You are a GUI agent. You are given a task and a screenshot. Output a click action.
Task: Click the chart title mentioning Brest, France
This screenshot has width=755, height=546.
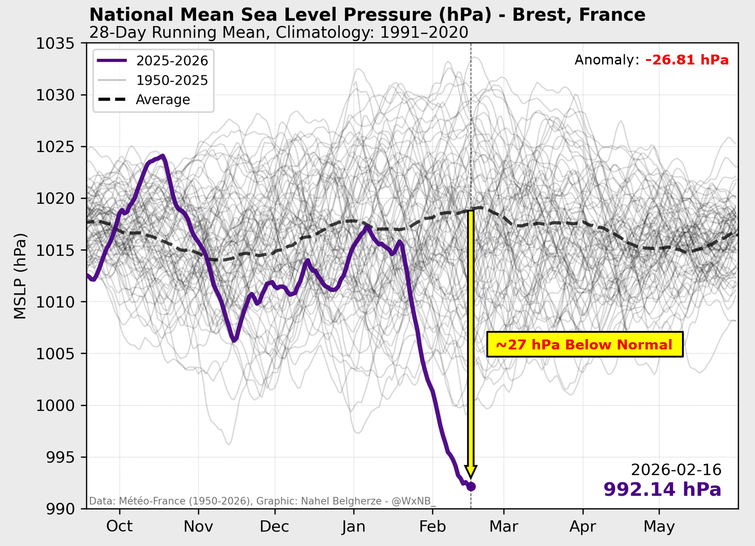tap(367, 15)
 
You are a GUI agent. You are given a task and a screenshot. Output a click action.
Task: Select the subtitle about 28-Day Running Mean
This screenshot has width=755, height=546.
tap(279, 32)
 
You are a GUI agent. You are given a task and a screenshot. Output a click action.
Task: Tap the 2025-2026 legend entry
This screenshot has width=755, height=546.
tap(172, 61)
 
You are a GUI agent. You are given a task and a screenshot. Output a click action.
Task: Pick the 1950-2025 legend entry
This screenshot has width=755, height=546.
tap(172, 80)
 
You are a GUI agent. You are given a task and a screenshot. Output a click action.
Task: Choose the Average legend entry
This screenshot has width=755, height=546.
tap(163, 100)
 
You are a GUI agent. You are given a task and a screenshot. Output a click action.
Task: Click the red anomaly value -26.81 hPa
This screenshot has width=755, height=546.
tap(687, 60)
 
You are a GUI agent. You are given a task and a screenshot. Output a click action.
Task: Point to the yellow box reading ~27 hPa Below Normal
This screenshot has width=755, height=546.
tap(585, 345)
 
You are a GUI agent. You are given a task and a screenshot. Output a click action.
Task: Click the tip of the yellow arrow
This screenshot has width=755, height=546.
tap(471, 476)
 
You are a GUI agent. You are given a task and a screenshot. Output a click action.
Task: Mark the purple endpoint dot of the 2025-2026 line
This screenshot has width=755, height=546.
tap(471, 486)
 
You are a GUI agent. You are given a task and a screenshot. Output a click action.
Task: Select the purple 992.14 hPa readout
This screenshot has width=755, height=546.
tap(662, 490)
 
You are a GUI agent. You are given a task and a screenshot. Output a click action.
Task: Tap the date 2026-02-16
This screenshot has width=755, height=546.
tap(676, 470)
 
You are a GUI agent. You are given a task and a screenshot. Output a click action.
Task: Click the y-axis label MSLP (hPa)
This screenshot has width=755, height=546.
tap(20, 276)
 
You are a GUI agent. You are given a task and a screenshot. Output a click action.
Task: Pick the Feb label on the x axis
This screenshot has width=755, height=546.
tap(433, 526)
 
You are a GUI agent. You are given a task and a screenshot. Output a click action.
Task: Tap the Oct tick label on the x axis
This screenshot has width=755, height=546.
tap(119, 526)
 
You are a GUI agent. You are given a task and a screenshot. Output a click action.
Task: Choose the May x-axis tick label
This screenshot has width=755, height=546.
tap(659, 526)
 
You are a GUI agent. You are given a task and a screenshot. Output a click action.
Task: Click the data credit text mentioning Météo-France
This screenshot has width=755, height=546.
tap(262, 501)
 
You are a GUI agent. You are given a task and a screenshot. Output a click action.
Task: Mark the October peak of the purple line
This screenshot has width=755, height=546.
tap(162, 156)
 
